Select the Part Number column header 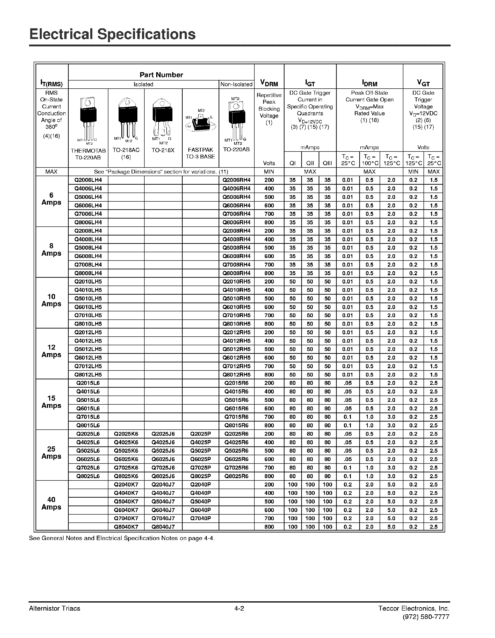pyautogui.click(x=161, y=75)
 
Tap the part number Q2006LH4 pyautogui.click(x=88, y=180)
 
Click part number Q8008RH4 pyautogui.click(x=236, y=273)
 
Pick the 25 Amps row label pyautogui.click(x=52, y=453)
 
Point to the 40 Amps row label pyautogui.click(x=52, y=503)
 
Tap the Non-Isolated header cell pyautogui.click(x=236, y=84)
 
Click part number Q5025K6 pyautogui.click(x=126, y=451)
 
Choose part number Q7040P pyautogui.click(x=200, y=519)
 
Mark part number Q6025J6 pyautogui.click(x=163, y=459)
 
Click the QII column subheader pyautogui.click(x=310, y=163)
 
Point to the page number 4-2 pyautogui.click(x=239, y=608)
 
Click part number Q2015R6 pyautogui.click(x=236, y=383)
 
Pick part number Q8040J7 pyautogui.click(x=163, y=527)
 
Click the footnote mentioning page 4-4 pyautogui.click(x=122, y=538)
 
